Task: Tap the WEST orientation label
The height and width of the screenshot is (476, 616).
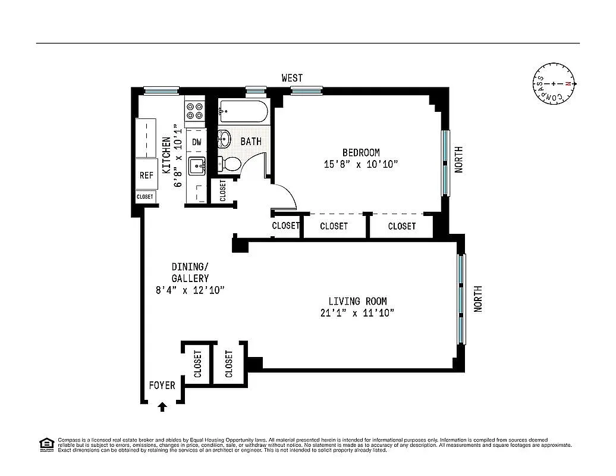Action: tap(292, 78)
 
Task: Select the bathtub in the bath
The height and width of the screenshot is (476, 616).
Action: tap(243, 111)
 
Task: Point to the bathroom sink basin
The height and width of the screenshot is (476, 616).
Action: tap(224, 140)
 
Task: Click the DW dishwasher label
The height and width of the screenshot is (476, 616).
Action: tap(196, 142)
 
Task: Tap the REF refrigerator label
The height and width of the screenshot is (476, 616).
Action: tap(146, 176)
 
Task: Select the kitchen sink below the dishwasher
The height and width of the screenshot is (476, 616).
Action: tap(196, 166)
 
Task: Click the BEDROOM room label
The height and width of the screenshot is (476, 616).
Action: tap(361, 152)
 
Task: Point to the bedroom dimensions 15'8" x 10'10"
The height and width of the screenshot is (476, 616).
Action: tap(361, 164)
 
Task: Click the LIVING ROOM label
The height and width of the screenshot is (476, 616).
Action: tap(353, 302)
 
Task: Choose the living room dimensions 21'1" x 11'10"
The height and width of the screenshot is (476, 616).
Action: tap(353, 313)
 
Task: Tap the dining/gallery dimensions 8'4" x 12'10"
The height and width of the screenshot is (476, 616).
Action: tap(190, 290)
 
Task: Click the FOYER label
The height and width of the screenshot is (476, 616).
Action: tap(162, 386)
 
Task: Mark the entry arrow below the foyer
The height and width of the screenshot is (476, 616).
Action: tap(162, 408)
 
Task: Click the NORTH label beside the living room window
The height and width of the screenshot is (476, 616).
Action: tap(478, 299)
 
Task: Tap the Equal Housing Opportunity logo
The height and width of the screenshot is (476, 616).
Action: tap(45, 444)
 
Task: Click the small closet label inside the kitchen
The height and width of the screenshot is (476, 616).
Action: tap(145, 196)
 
